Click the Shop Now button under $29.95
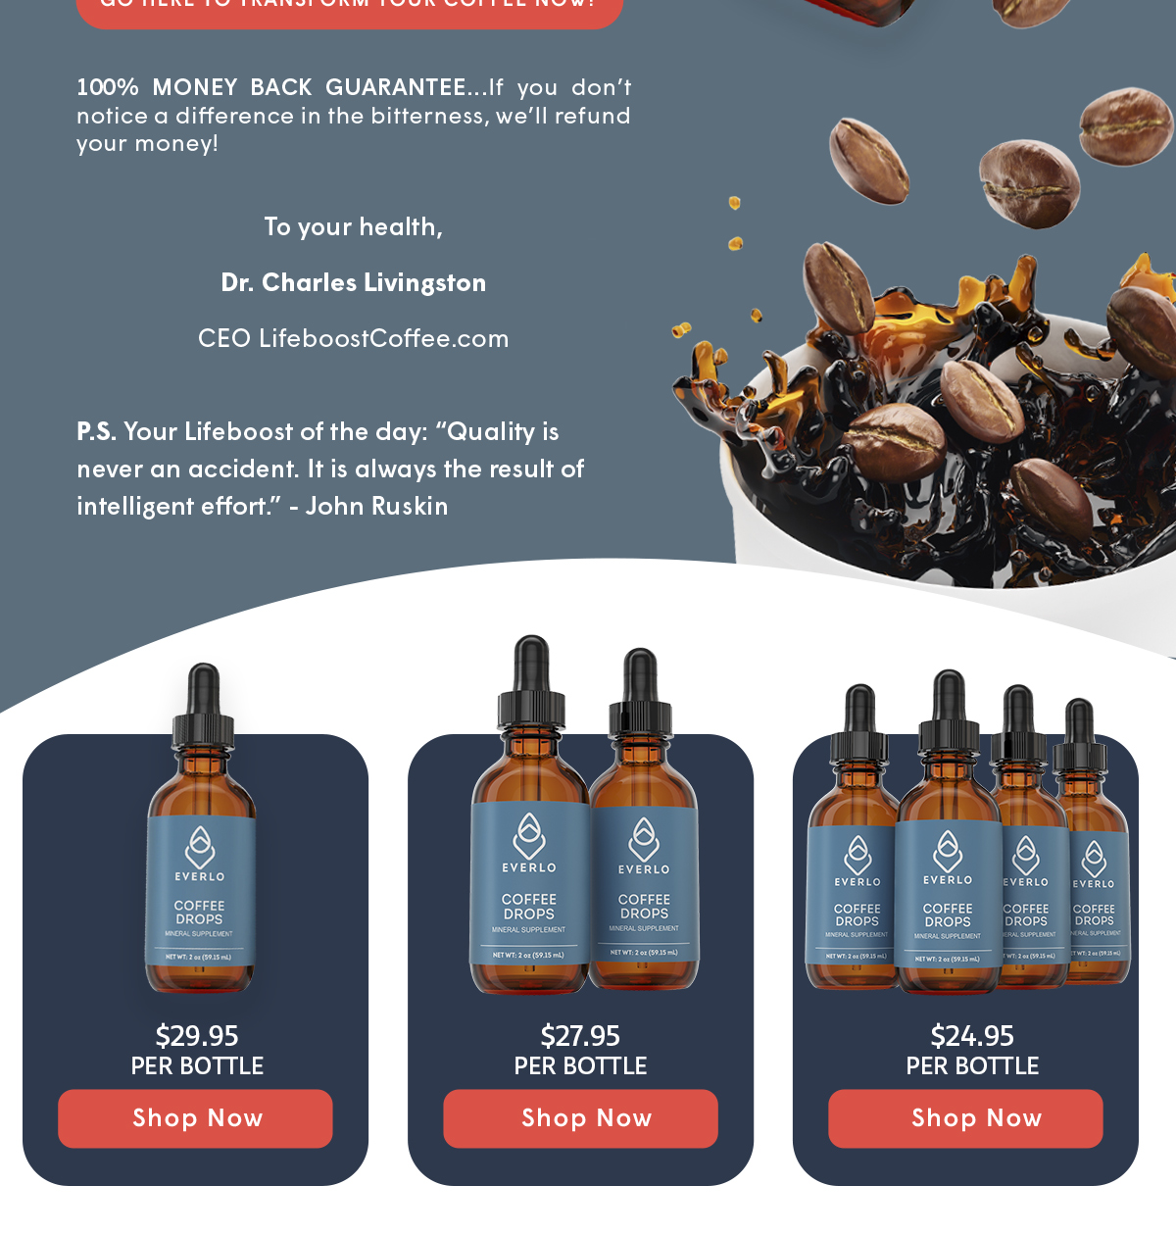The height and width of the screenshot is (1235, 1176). click(x=195, y=1118)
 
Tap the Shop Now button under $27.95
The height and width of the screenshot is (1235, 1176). click(x=580, y=1118)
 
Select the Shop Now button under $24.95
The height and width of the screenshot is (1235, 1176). click(x=965, y=1118)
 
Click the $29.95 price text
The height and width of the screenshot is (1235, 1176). click(x=197, y=1036)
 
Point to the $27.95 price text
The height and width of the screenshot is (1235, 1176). click(x=580, y=1036)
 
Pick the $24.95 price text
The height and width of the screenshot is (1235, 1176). click(x=972, y=1036)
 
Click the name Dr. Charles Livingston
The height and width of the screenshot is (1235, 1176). click(x=354, y=283)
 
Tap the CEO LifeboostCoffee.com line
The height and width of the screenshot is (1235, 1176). click(x=354, y=339)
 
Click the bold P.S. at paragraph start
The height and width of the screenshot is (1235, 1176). click(x=96, y=432)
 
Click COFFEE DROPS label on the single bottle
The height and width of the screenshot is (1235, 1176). click(x=200, y=913)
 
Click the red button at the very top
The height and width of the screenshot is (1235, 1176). click(x=349, y=10)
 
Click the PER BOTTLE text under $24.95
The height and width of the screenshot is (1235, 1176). click(x=972, y=1066)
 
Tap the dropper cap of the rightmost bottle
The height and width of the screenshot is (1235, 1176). click(x=1079, y=725)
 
